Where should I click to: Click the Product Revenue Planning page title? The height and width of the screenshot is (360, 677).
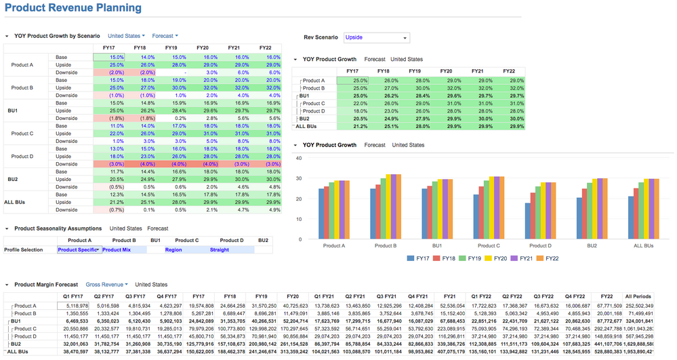[x=73, y=8]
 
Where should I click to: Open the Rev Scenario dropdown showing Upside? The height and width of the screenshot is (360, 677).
[x=376, y=38]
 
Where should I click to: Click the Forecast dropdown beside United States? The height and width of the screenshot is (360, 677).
[x=165, y=35]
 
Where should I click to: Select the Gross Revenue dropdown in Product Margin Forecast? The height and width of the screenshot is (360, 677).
[x=108, y=285]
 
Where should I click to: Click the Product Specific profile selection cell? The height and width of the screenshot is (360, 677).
[x=79, y=249]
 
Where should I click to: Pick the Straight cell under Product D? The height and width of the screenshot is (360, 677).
[x=220, y=249]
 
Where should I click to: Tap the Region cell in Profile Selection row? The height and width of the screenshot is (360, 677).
[x=174, y=249]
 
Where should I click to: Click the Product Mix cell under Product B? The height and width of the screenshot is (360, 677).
[x=117, y=249]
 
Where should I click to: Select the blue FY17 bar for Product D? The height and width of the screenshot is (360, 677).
[x=528, y=218]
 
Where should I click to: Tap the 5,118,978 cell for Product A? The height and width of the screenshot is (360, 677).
[x=77, y=306]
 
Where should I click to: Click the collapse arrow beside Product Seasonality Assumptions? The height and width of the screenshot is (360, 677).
[x=7, y=228]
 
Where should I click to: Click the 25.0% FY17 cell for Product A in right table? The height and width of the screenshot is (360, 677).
[x=352, y=81]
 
